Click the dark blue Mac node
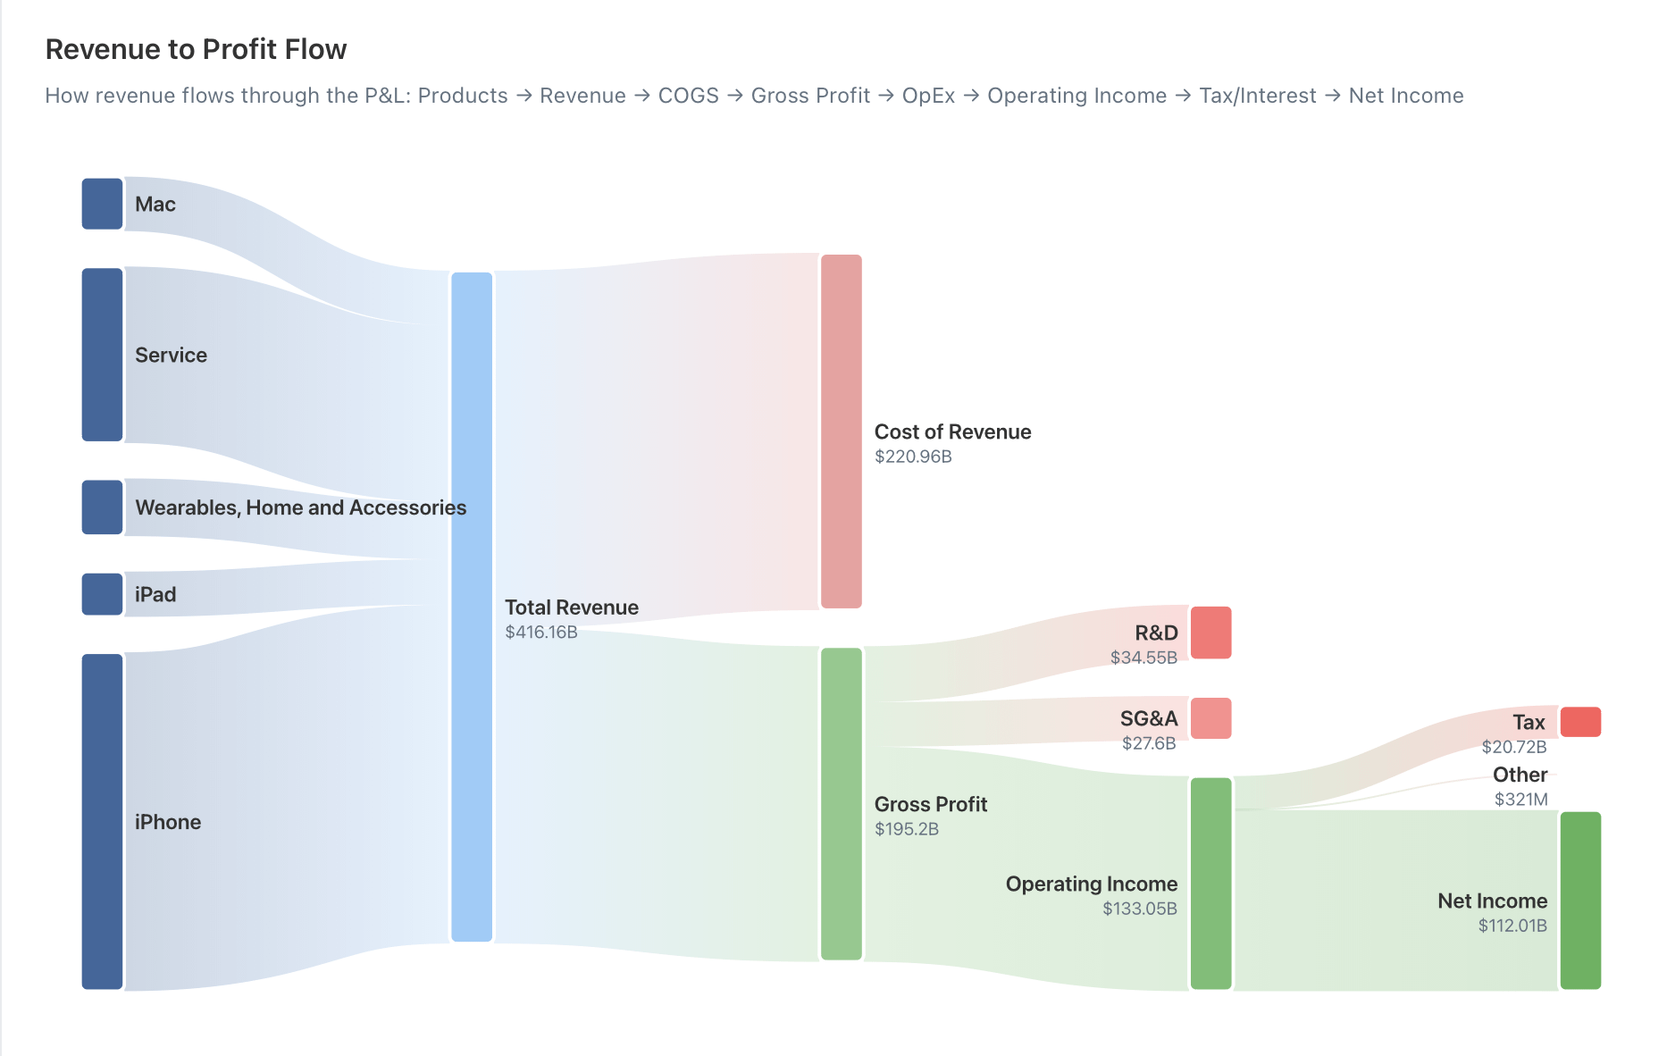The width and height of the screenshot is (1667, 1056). [102, 204]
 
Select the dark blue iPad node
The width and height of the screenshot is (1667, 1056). [102, 594]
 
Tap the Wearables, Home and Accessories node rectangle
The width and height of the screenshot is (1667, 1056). [102, 507]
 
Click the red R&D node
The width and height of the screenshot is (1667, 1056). [1210, 633]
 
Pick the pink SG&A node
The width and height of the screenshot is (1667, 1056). [1210, 718]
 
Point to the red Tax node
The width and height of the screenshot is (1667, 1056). [1579, 722]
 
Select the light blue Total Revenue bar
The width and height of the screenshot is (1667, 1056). [472, 608]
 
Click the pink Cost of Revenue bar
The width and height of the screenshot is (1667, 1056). [841, 432]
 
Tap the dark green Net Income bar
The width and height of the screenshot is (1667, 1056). [1579, 901]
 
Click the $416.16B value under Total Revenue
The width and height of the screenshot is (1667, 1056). [541, 633]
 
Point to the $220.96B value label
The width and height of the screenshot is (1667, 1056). [913, 457]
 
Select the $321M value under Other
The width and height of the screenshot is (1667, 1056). [1520, 800]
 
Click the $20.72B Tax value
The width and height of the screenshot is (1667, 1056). [1513, 747]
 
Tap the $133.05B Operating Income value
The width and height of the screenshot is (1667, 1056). [1139, 909]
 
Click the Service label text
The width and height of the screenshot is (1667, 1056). [171, 355]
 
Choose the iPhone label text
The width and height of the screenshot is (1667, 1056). [168, 822]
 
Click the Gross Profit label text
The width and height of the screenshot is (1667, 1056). [930, 804]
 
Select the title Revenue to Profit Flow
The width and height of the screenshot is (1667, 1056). [196, 49]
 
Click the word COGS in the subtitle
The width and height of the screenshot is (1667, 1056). [688, 96]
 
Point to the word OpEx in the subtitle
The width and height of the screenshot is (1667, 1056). [928, 96]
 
